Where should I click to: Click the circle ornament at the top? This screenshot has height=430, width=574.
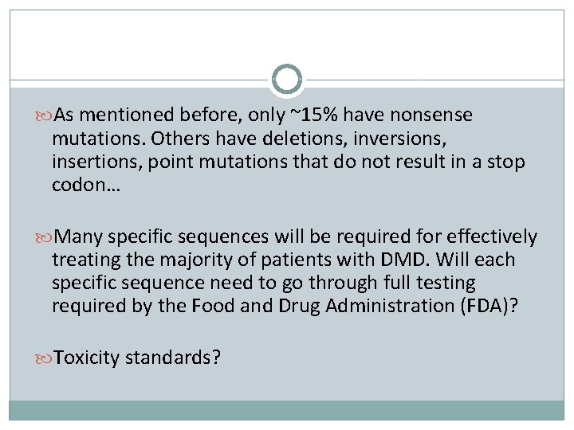pyautogui.click(x=287, y=80)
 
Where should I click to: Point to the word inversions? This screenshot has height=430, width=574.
pyautogui.click(x=401, y=139)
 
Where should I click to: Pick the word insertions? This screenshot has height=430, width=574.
pyautogui.click(x=88, y=162)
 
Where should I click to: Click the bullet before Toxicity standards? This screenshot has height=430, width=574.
pyautogui.click(x=45, y=358)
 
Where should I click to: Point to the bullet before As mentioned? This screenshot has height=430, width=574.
pyautogui.click(x=45, y=115)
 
